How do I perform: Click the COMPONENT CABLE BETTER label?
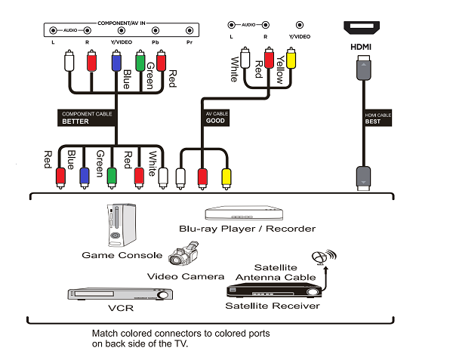coord(86,117)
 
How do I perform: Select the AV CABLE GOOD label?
coord(217,117)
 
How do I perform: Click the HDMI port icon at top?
coord(365,28)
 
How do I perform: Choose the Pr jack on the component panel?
coord(188,32)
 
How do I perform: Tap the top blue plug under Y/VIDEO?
coord(116,61)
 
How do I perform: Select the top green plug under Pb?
coord(140,61)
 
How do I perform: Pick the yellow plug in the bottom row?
coord(225,177)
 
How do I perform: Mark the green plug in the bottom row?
coord(112,177)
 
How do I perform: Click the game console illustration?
coord(119,225)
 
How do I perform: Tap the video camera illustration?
coord(184,254)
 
